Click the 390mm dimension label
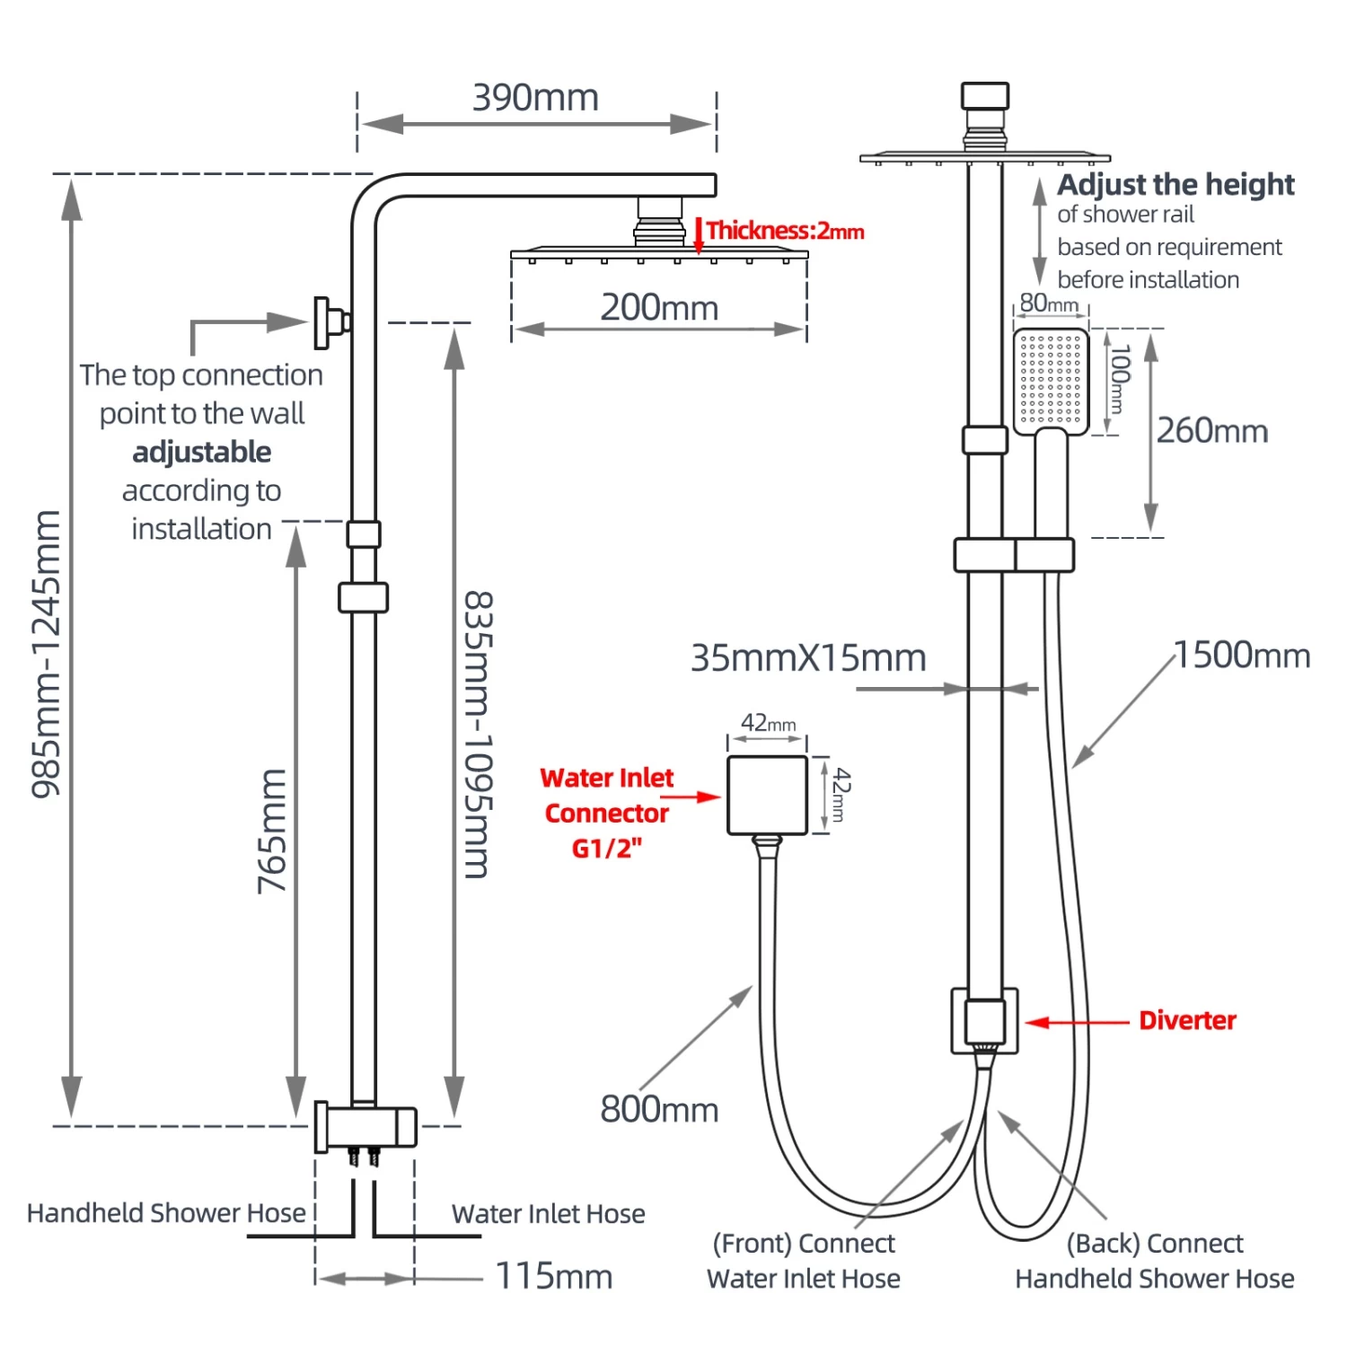(535, 98)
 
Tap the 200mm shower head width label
(659, 308)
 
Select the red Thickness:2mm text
(785, 231)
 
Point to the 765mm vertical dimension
(272, 831)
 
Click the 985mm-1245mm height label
(47, 654)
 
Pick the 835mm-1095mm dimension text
(478, 734)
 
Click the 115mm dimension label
(554, 1276)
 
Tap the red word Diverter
(1187, 1021)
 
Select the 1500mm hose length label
(1242, 656)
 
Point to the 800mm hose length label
(659, 1110)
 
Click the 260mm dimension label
(1211, 431)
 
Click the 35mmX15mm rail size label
(808, 658)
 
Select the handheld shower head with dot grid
(1051, 382)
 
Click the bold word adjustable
(202, 452)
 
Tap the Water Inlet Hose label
(548, 1214)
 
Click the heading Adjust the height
(1175, 185)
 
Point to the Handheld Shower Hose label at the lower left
(166, 1213)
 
